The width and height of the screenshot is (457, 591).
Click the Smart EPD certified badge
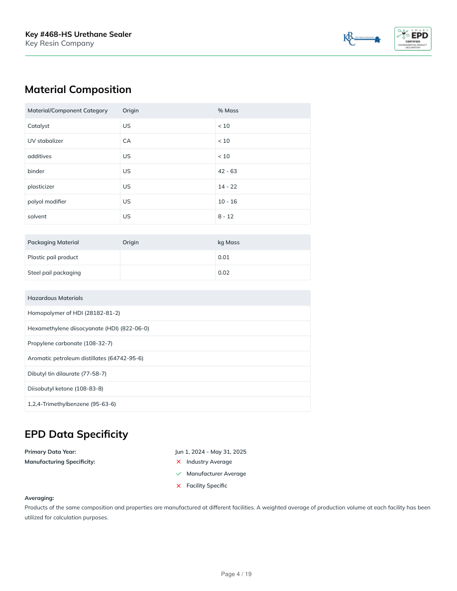[413, 39]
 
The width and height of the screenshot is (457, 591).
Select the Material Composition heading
[78, 90]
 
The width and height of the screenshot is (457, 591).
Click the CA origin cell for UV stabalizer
[127, 141]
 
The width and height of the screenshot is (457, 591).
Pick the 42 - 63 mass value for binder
[228, 171]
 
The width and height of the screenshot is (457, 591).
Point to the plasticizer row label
[41, 187]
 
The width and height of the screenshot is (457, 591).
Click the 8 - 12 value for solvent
[226, 216]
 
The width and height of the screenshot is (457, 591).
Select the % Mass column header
[228, 110]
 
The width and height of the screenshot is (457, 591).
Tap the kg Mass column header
[228, 242]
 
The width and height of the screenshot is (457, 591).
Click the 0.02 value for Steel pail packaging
[224, 273]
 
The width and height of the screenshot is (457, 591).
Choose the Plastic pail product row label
[53, 257]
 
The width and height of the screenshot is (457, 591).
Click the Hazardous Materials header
[55, 298]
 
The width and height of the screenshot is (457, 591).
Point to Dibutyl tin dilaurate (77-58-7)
[67, 374]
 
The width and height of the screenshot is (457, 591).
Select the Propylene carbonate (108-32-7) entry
[70, 343]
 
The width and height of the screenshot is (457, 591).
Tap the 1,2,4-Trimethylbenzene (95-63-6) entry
[72, 404]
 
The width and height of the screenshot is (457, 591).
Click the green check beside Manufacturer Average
[179, 474]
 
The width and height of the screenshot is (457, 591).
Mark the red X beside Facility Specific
[179, 486]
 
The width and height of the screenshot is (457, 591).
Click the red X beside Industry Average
[179, 462]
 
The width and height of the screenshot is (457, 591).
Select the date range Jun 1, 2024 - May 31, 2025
[211, 452]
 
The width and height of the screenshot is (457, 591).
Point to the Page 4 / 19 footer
[236, 574]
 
